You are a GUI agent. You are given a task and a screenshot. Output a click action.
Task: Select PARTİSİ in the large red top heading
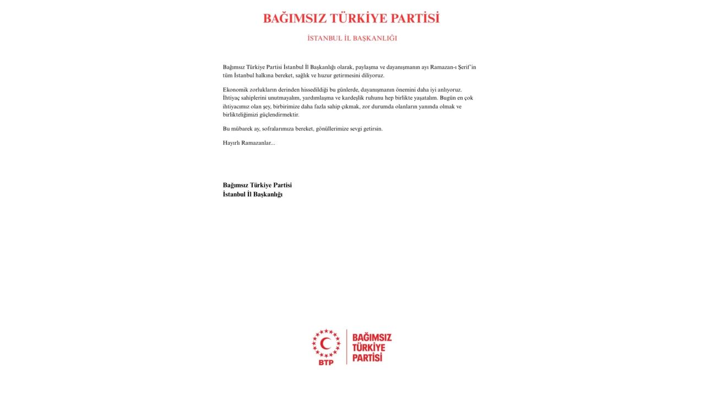[x=415, y=19]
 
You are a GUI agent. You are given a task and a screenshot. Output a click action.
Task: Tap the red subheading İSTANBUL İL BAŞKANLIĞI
[x=352, y=38]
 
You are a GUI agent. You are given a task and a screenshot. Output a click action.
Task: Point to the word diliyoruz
[x=372, y=75]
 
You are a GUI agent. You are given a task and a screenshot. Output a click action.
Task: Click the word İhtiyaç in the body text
[x=232, y=98]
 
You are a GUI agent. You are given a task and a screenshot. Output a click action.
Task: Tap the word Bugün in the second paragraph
[x=448, y=98]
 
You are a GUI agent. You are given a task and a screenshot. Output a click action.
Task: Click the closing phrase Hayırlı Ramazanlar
[x=248, y=143]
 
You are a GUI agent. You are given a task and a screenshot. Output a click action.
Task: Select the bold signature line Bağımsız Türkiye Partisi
[x=257, y=185]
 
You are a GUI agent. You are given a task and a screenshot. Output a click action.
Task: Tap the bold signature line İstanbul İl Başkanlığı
[x=252, y=195]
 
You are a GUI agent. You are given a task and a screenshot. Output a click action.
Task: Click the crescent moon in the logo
[x=326, y=344]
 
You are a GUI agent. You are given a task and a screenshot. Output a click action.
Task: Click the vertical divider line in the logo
[x=346, y=346]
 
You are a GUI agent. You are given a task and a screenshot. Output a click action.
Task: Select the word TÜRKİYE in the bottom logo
[x=368, y=348]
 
